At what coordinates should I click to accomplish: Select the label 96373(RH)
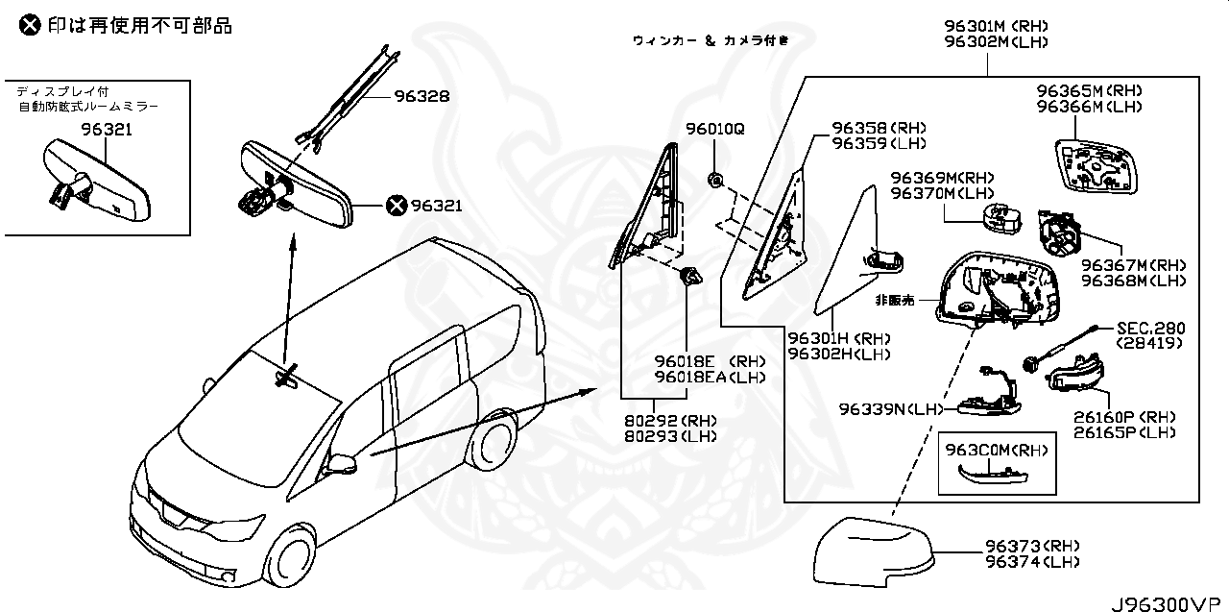[1031, 546]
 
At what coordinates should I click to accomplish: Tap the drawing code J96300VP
[1169, 603]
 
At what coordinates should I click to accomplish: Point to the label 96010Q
[714, 129]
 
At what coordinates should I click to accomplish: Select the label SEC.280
[1148, 328]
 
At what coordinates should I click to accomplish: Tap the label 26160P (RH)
[1129, 417]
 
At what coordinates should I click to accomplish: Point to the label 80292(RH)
[686, 421]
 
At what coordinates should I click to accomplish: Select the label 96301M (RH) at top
[995, 26]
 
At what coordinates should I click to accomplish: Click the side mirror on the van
[341, 464]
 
